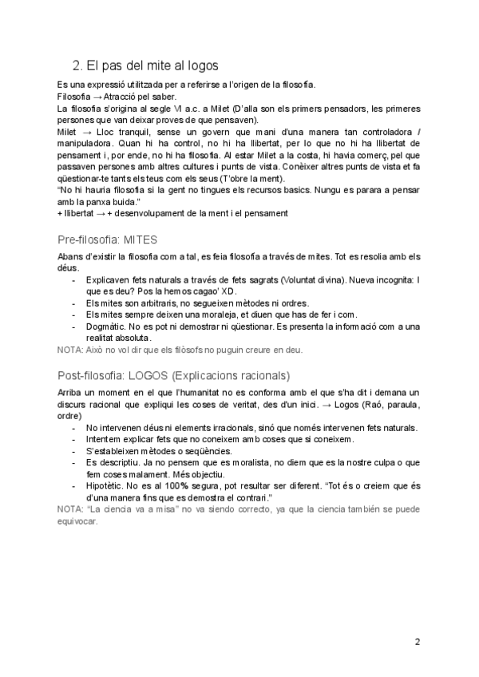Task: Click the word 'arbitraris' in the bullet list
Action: pos(146,304)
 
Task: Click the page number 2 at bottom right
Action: pos(418,640)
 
